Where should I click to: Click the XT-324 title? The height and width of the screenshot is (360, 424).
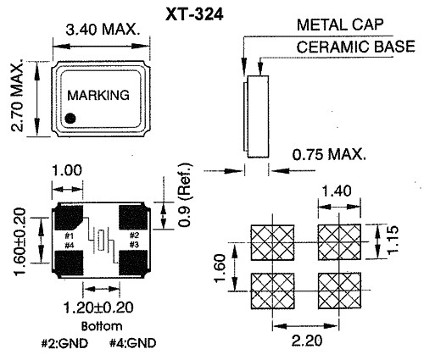pos(194,14)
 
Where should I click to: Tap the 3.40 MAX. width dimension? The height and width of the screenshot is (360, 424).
pos(103,30)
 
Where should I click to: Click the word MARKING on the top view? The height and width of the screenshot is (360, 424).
pos(98,95)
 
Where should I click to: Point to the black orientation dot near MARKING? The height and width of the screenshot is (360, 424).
pos(70,119)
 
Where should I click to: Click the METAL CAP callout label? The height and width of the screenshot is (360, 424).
pos(340,25)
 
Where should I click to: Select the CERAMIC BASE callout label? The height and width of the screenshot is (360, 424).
pos(356,47)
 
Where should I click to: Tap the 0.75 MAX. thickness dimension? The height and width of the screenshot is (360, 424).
pos(329,154)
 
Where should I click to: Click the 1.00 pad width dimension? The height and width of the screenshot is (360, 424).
pos(67,170)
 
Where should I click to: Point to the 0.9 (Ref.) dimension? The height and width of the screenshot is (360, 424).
pos(185,195)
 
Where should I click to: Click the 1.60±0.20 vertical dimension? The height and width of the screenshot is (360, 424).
pos(20,241)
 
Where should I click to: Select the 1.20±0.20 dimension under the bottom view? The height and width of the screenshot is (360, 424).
pos(98,307)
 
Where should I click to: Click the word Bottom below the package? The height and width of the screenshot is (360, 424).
pos(102,326)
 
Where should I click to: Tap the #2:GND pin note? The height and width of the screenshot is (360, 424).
pos(64,343)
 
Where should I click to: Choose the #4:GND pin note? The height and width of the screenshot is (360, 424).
pos(132,343)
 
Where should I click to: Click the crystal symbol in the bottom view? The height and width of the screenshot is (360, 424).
pos(101,241)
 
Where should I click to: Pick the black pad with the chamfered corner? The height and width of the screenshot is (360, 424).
pos(69,218)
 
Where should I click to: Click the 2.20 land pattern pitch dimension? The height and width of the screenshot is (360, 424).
pos(307,341)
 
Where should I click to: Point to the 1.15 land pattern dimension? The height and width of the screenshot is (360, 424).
pos(393,240)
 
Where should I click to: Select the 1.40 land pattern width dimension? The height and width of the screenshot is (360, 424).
pos(337,191)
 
